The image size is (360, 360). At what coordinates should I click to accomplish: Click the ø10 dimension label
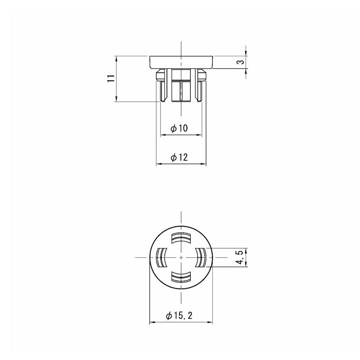[179, 128]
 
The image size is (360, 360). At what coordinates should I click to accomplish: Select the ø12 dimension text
[179, 157]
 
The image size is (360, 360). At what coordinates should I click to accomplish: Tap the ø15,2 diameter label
[179, 315]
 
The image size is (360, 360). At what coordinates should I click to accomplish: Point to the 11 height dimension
[111, 78]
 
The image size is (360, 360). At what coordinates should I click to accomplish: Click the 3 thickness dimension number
[240, 62]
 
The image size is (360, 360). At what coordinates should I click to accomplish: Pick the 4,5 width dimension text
[240, 257]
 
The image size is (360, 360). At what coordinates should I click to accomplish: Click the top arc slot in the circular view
[181, 238]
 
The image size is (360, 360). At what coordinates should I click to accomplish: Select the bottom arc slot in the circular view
[181, 276]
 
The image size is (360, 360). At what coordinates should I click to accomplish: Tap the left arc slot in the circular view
[162, 257]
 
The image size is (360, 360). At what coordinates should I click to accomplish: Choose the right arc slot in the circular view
[201, 257]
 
